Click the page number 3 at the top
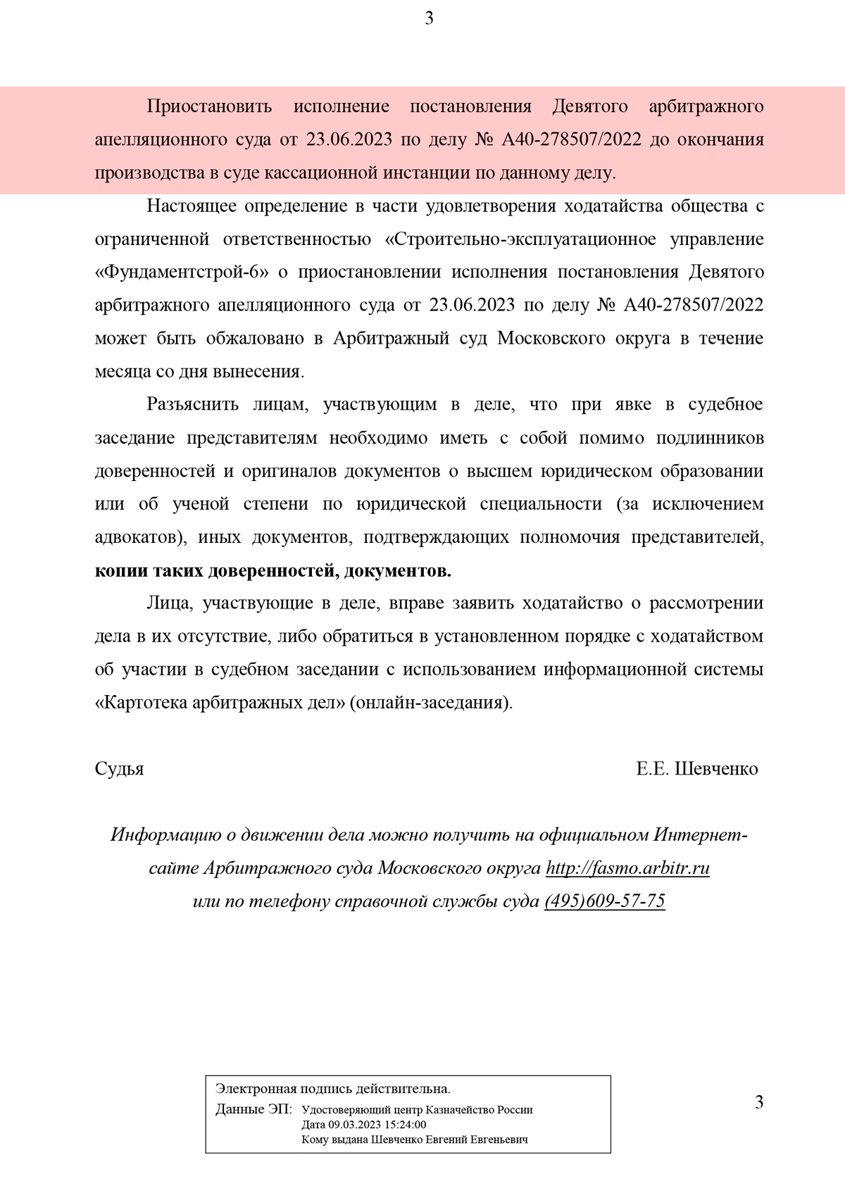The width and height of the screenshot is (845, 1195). pyautogui.click(x=429, y=19)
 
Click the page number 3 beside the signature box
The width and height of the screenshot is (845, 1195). pyautogui.click(x=758, y=1102)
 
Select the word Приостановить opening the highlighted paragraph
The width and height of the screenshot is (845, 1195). pyautogui.click(x=209, y=106)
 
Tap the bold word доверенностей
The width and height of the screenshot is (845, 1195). pyautogui.click(x=272, y=570)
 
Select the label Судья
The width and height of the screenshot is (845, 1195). pyautogui.click(x=120, y=768)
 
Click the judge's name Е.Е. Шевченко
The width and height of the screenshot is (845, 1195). pyautogui.click(x=696, y=768)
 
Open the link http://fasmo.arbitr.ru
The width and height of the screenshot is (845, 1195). pyautogui.click(x=627, y=868)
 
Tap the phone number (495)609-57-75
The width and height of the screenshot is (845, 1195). pyautogui.click(x=604, y=901)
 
